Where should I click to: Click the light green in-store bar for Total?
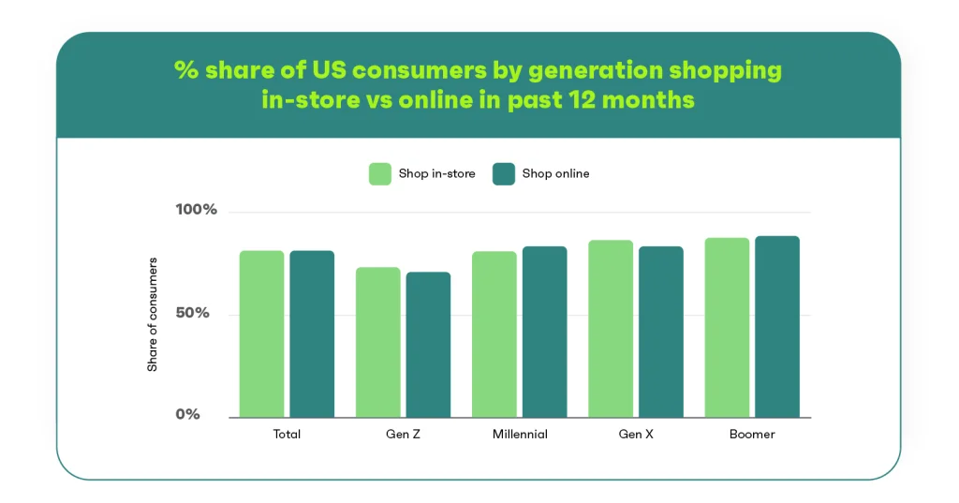(262, 334)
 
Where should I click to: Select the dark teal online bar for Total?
(312, 334)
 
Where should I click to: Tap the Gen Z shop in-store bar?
(378, 343)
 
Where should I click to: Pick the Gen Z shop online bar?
(428, 345)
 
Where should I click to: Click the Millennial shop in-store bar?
(494, 334)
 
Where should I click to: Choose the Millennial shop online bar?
(544, 333)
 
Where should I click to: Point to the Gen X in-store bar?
(611, 329)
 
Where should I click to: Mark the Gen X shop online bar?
(661, 333)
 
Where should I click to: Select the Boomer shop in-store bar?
(727, 328)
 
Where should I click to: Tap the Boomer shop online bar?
(777, 327)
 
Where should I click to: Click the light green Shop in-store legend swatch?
(380, 174)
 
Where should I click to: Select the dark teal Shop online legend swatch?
(503, 174)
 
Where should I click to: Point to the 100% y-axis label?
(197, 209)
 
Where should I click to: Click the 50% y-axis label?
(193, 313)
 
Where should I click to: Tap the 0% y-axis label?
(187, 414)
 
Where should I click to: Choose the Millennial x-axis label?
(520, 434)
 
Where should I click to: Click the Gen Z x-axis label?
(403, 434)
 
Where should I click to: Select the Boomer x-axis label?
(752, 434)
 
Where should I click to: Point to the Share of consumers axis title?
(153, 315)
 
